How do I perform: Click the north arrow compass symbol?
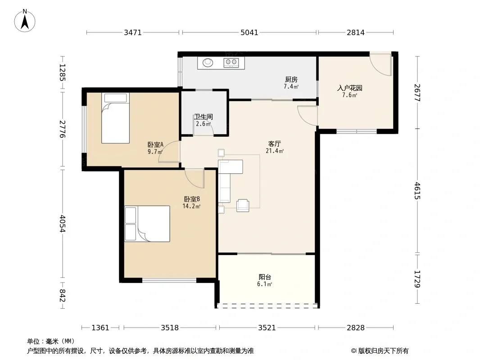(25, 21)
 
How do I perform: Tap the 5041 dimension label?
(249, 32)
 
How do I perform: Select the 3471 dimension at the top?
(132, 32)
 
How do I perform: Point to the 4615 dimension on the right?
(417, 190)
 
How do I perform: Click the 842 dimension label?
(62, 296)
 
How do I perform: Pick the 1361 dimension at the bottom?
(100, 328)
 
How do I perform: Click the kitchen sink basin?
(208, 63)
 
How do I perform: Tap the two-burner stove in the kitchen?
(231, 63)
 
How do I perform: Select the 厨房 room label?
(291, 80)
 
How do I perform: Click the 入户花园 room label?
(349, 88)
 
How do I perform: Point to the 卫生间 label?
(203, 117)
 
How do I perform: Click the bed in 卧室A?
(115, 118)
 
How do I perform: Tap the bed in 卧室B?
(147, 224)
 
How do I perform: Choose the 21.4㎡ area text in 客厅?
(275, 151)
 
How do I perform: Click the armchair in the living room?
(243, 205)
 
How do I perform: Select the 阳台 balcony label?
(265, 277)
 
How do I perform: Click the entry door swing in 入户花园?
(381, 64)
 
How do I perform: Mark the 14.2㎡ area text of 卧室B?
(191, 206)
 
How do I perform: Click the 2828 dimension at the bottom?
(356, 328)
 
